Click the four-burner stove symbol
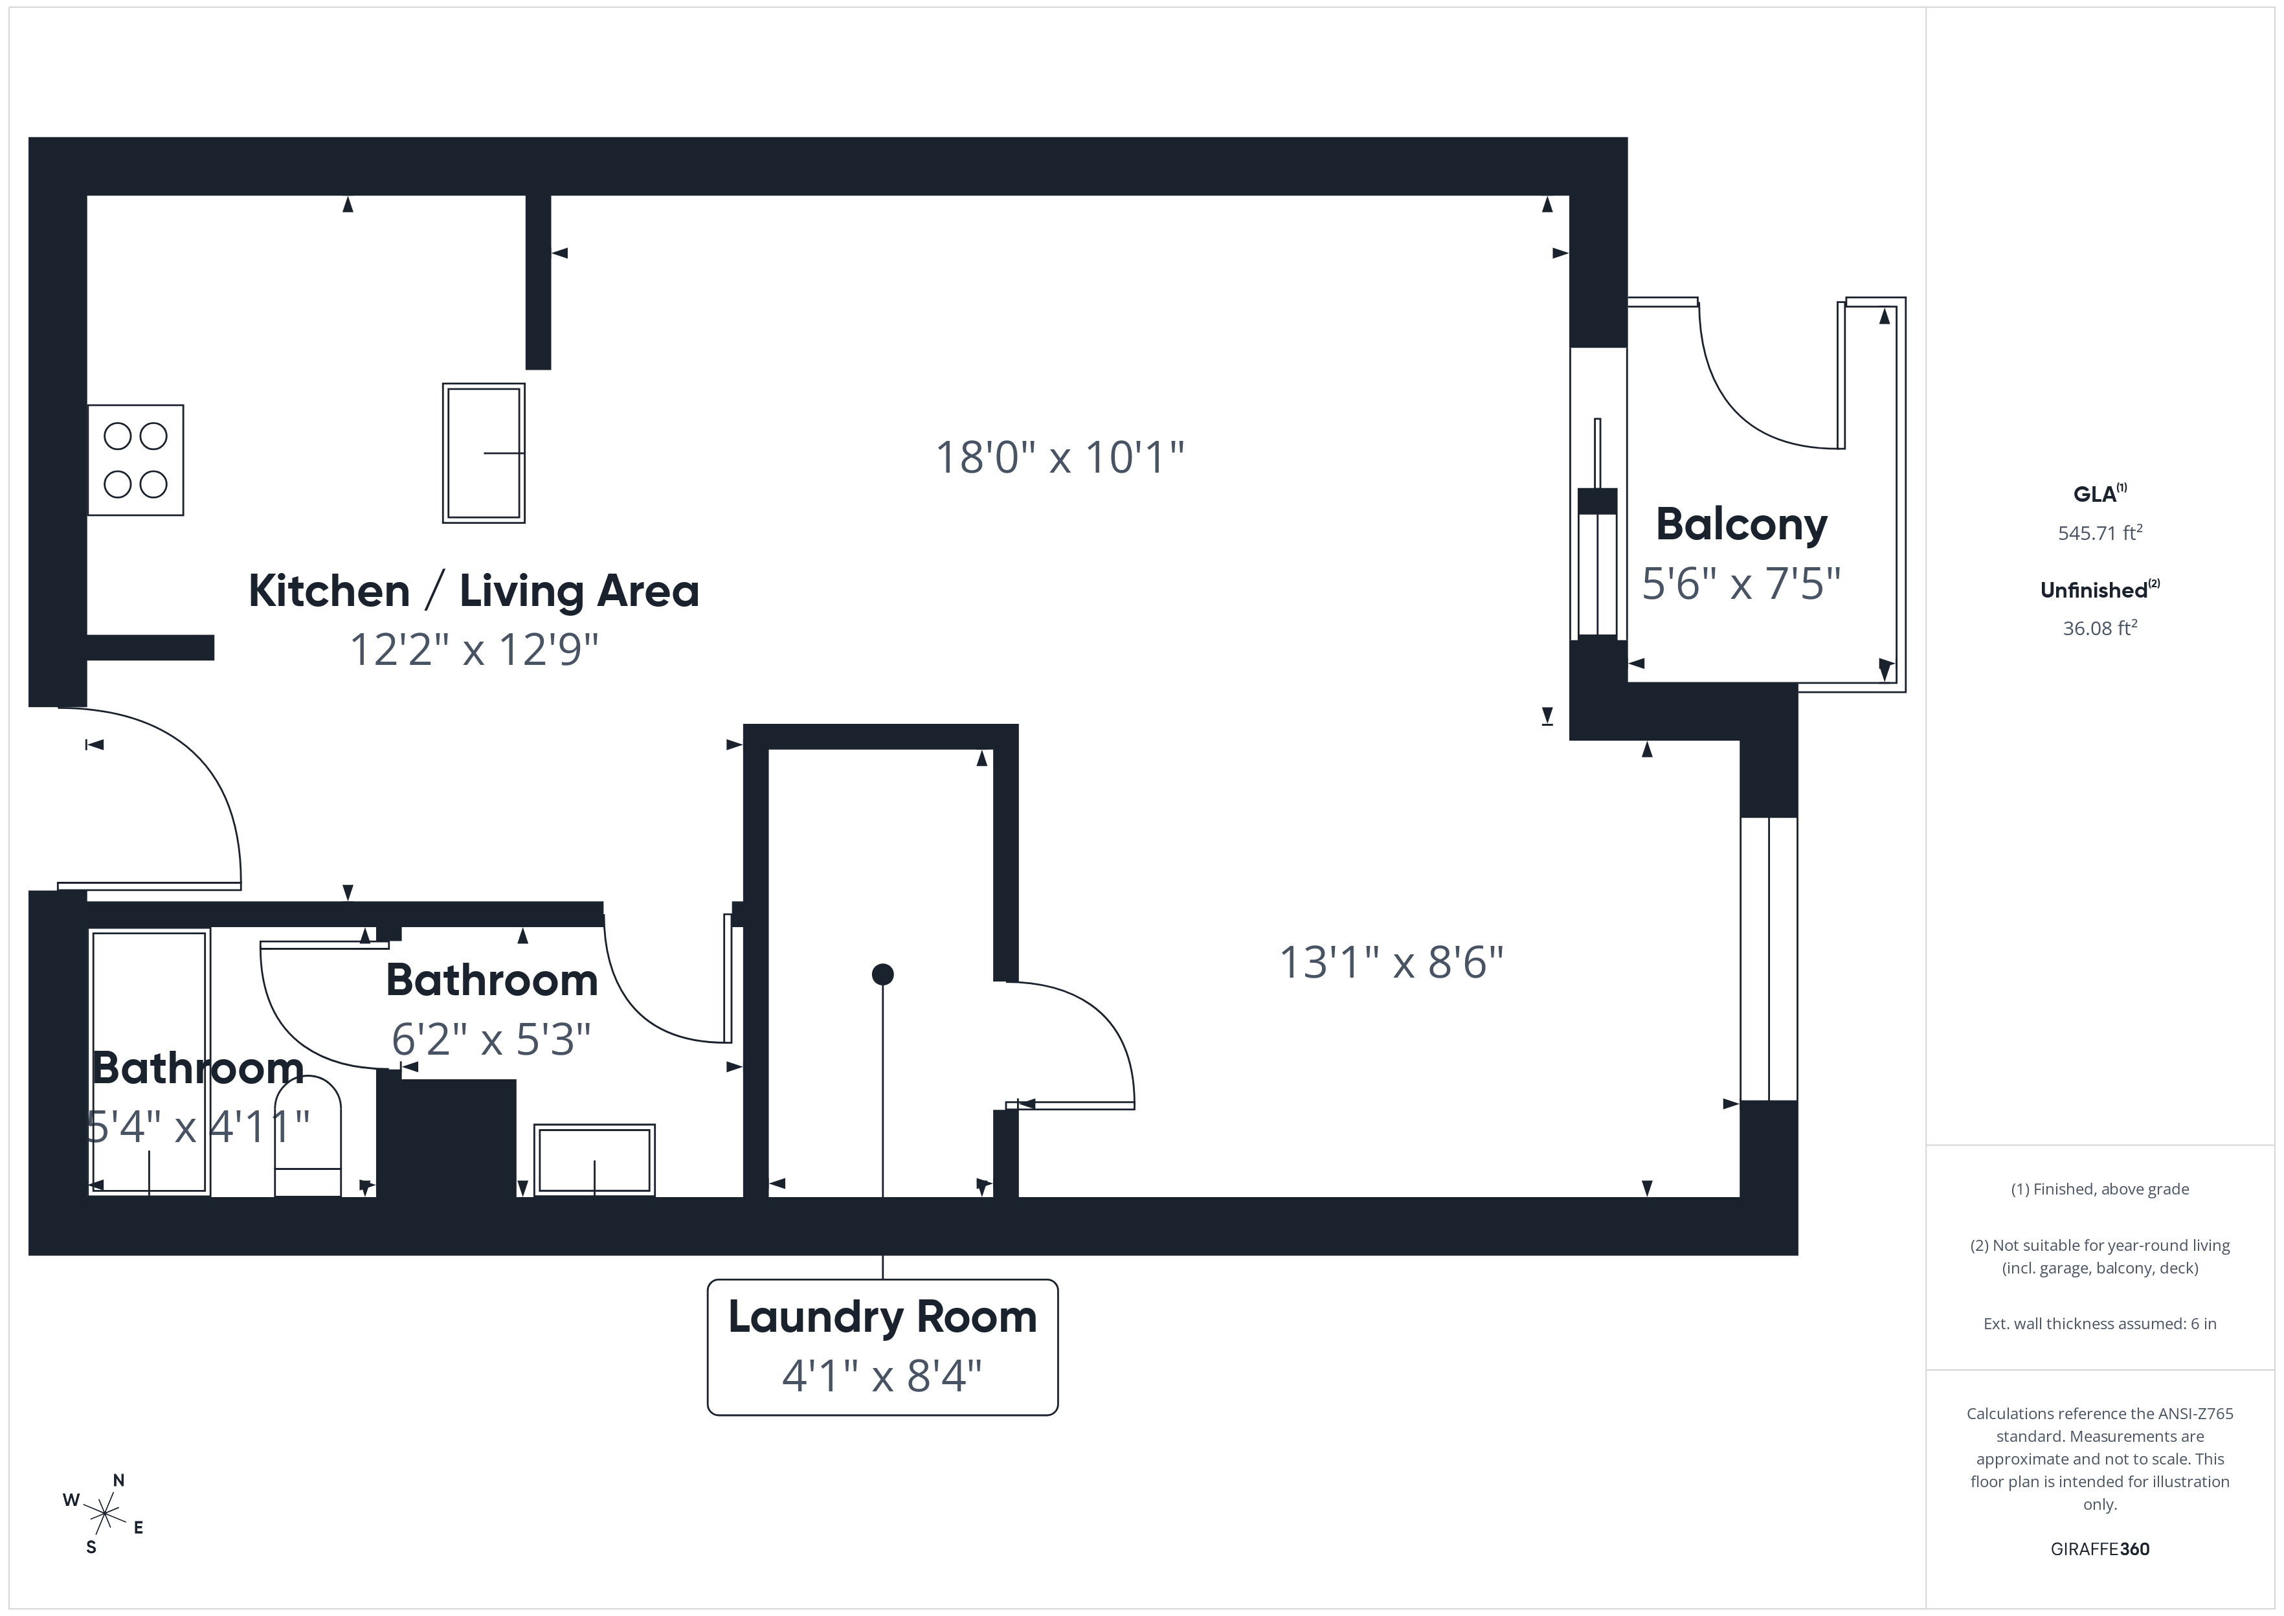pos(135,460)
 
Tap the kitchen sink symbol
pos(484,453)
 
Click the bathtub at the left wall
pos(149,1062)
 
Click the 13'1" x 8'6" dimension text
pos(1391,962)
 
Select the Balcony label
pos(1741,524)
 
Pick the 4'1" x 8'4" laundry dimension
pos(882,1376)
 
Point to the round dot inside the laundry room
pos(882,974)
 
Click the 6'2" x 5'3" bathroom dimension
pos(491,1040)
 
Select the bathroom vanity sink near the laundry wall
pos(595,1160)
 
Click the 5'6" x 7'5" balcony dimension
pos(1741,583)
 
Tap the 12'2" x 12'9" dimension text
pos(473,650)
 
